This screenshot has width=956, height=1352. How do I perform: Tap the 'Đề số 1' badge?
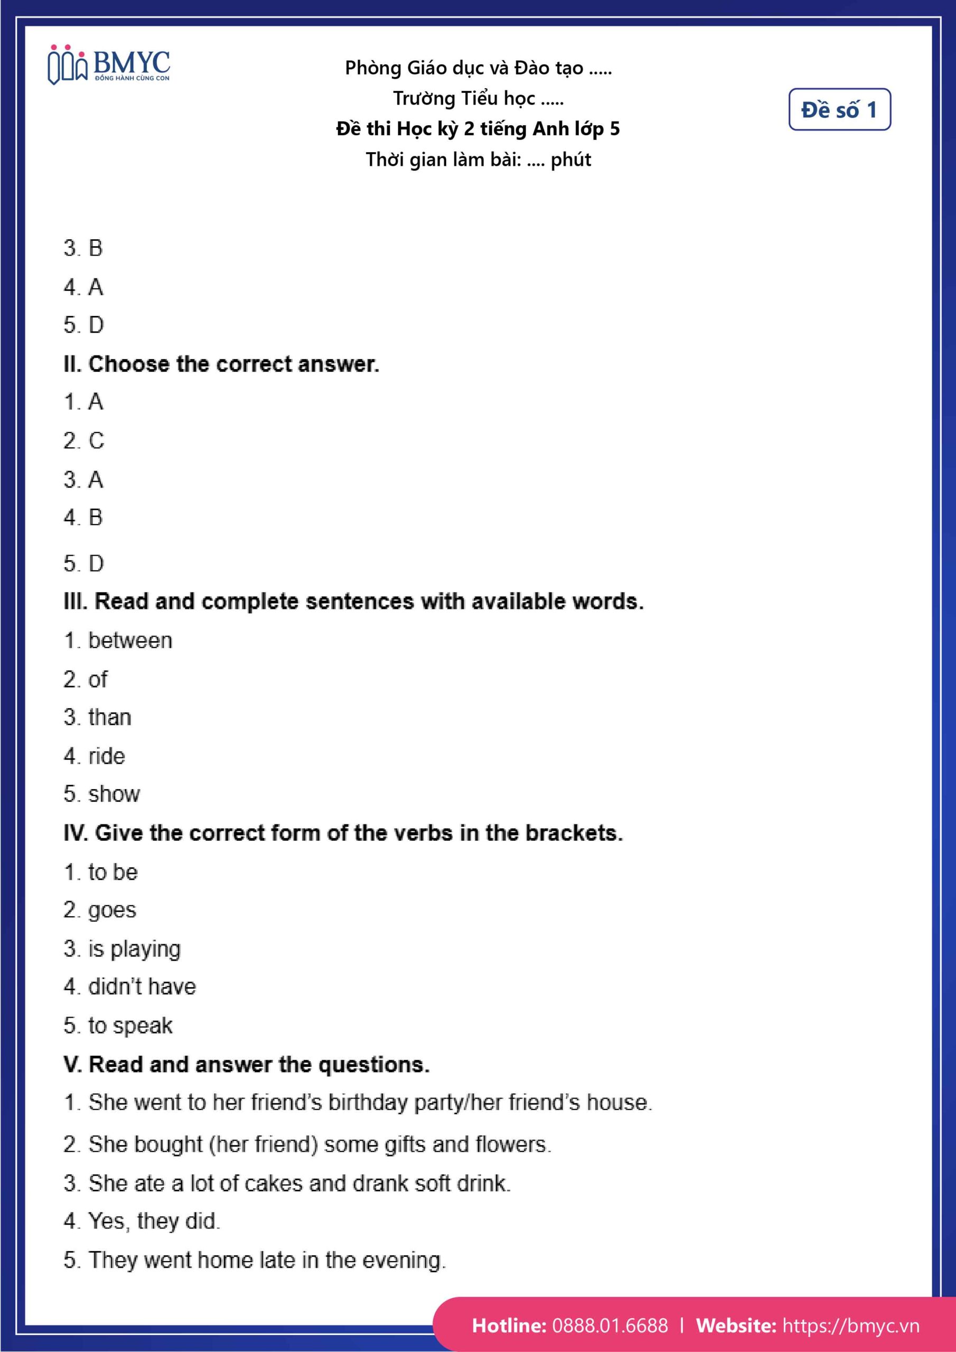point(839,109)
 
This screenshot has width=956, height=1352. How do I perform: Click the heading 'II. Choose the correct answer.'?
point(221,364)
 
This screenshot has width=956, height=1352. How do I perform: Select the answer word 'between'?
point(130,641)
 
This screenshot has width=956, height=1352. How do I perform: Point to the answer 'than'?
point(109,718)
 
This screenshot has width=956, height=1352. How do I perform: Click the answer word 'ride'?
point(107,756)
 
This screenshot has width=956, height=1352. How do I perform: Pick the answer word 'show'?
point(114,794)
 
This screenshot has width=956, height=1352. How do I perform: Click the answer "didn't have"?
point(142,987)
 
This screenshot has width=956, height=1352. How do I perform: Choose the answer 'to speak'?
point(130,1026)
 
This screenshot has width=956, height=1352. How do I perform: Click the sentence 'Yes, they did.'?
point(154,1221)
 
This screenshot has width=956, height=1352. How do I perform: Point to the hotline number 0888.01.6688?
point(610,1326)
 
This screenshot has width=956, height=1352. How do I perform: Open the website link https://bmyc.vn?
point(850,1326)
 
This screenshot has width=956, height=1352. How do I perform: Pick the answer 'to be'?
point(113,872)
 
